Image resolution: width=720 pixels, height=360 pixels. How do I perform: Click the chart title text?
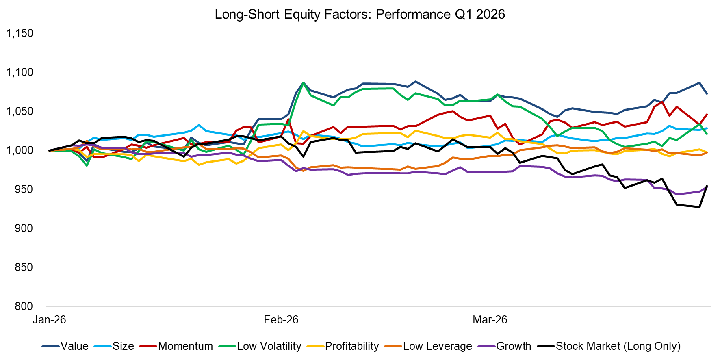click(360, 15)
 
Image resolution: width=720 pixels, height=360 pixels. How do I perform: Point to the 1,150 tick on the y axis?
click(20, 33)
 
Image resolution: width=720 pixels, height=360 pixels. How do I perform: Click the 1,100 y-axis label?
click(20, 72)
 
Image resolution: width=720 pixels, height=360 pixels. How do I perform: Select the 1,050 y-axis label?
click(20, 111)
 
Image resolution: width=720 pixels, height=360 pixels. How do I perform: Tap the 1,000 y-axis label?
click(20, 150)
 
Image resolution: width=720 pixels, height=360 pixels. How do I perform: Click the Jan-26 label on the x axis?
click(49, 320)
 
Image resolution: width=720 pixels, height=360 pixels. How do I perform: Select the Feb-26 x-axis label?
click(281, 320)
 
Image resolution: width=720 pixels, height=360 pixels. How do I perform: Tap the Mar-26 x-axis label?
click(490, 320)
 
